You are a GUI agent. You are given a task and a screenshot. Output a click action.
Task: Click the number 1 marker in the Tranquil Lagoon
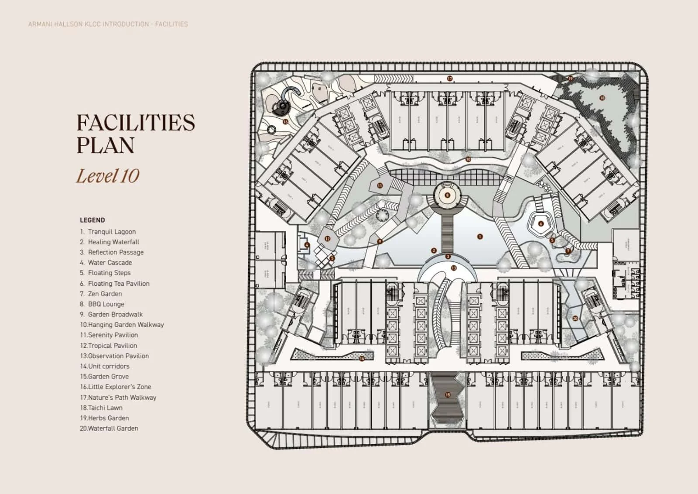tap(480, 237)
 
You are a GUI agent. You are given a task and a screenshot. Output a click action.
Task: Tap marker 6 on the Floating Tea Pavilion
tap(541, 224)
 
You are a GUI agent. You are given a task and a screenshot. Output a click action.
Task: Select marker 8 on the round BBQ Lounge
tap(447, 195)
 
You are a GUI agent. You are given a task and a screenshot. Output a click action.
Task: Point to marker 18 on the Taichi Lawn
tap(602, 98)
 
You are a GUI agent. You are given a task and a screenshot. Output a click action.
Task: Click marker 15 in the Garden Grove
tap(447, 395)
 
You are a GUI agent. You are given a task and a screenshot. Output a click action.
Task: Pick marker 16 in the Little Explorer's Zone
tap(285, 122)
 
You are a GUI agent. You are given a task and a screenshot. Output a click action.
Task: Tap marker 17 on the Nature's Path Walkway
tap(449, 79)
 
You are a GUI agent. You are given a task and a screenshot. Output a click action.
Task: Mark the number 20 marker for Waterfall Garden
tap(575, 319)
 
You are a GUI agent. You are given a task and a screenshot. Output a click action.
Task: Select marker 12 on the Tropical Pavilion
tap(327, 239)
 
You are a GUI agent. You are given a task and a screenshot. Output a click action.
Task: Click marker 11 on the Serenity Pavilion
tap(380, 185)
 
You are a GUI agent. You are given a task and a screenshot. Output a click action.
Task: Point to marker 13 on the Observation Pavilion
tap(453, 268)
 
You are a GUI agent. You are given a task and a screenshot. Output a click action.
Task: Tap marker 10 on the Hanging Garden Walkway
tap(468, 159)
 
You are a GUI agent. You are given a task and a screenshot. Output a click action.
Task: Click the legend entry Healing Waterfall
tap(113, 242)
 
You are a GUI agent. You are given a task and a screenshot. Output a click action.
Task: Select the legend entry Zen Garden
tap(105, 294)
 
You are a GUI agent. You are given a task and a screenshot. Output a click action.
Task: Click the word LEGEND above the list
tap(92, 220)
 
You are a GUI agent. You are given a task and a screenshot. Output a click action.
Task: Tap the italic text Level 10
tap(107, 176)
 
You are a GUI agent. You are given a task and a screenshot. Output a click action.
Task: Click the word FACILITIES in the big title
tap(135, 123)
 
